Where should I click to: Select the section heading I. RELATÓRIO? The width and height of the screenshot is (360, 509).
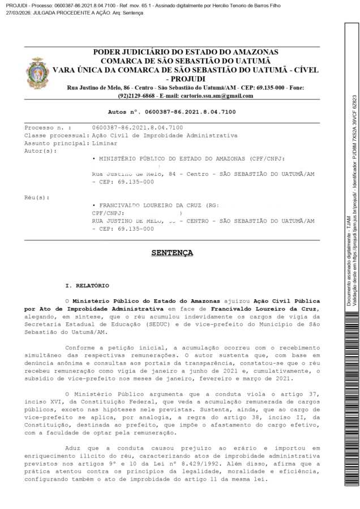pos(88,286)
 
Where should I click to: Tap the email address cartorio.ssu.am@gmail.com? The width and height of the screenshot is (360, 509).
pos(218,96)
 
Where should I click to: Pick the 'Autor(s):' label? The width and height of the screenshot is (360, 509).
pos(41,152)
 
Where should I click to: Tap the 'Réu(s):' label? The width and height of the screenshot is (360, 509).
pos(37,213)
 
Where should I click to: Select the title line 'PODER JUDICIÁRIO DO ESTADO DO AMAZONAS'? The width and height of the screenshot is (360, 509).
pos(185,51)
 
